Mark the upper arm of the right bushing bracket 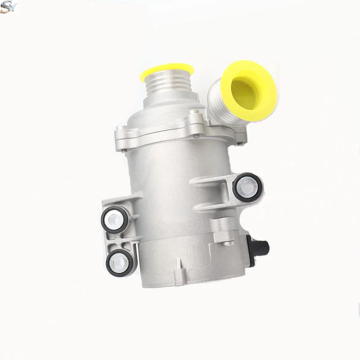211,180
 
